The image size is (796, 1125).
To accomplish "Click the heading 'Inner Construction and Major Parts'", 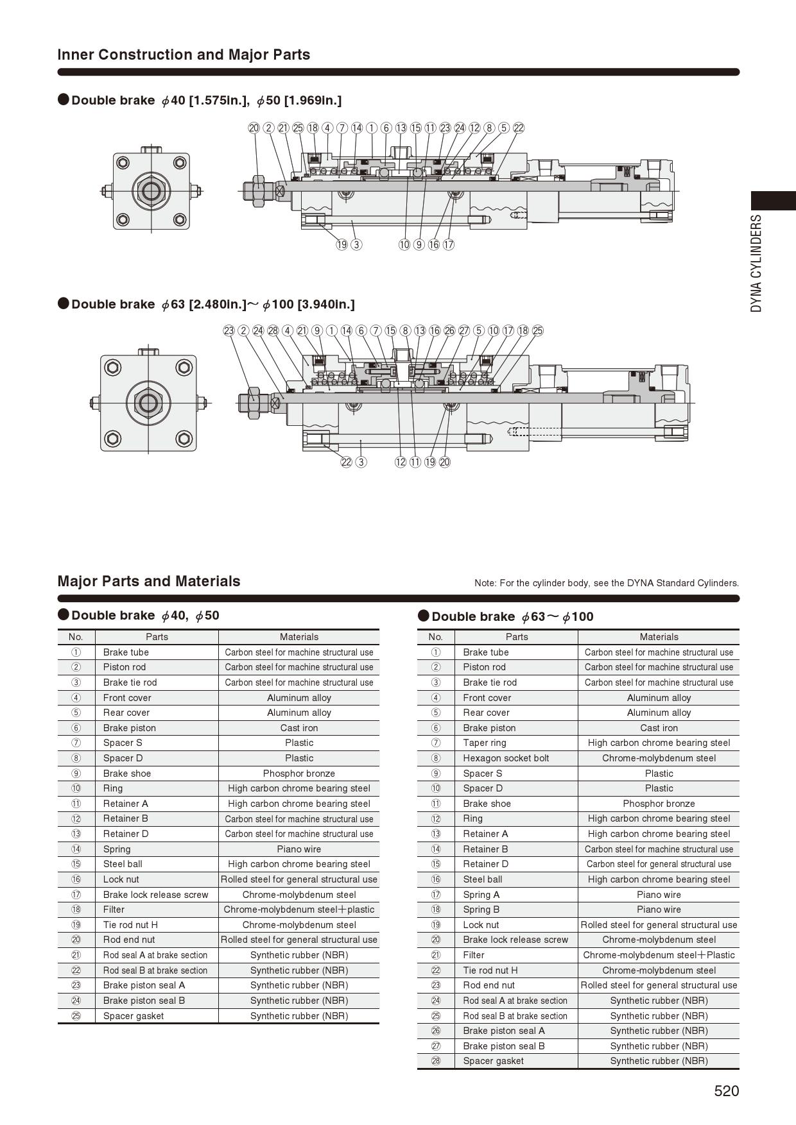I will tap(184, 55).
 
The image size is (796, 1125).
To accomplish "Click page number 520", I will tap(726, 1091).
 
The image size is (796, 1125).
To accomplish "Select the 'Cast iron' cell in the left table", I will tap(298, 728).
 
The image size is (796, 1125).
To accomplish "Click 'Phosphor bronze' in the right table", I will tap(659, 804).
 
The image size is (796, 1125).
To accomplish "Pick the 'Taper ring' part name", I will tap(485, 743).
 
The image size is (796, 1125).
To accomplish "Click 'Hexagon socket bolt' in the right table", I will tap(506, 758).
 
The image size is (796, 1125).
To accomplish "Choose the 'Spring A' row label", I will tap(481, 895).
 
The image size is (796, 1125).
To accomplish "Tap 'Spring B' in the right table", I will tap(481, 909).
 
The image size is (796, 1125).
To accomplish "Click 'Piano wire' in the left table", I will tap(298, 849).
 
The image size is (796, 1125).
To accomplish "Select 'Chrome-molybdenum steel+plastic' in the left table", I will tap(298, 909).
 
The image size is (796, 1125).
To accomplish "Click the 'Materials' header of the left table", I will tap(298, 637).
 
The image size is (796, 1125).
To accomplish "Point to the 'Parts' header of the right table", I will tap(516, 637).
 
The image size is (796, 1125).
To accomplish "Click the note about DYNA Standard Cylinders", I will tap(606, 583).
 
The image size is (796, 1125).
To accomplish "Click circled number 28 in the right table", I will tap(436, 1061).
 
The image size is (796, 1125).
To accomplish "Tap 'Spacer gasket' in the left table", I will tap(134, 1016).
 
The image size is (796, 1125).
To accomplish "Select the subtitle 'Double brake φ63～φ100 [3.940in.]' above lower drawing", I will tap(212, 304).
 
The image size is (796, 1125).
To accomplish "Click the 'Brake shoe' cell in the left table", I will tap(127, 774).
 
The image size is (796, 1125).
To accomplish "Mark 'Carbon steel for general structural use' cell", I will tap(659, 864).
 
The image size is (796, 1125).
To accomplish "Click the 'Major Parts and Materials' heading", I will tap(149, 581).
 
